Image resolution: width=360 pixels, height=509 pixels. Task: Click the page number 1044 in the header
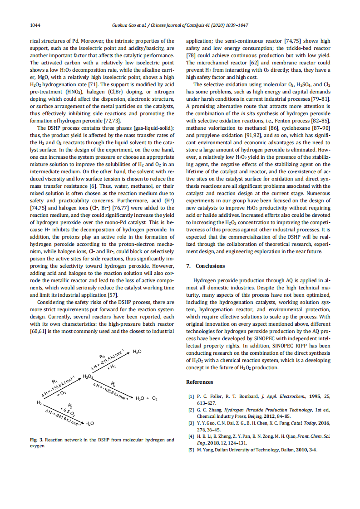point(35,25)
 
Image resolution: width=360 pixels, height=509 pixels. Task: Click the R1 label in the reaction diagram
point(54,382)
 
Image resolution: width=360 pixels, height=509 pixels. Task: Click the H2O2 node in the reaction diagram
point(88,377)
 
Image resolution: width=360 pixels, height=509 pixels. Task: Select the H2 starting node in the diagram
point(39,402)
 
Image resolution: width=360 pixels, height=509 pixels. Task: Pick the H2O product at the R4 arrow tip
point(137,352)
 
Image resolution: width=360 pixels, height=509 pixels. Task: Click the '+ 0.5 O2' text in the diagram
point(67,411)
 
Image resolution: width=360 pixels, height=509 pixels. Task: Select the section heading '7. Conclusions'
point(206,266)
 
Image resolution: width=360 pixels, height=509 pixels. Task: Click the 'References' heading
point(199,382)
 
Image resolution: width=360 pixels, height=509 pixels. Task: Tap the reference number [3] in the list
point(191,423)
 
